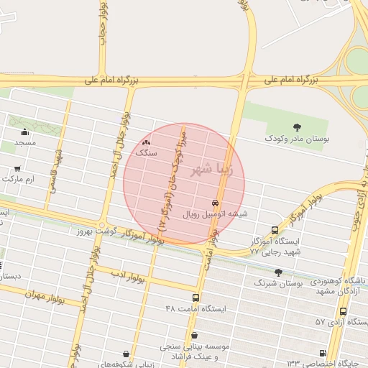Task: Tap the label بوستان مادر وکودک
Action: point(296,138)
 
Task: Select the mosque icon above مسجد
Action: point(26,132)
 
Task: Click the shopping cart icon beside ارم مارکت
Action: point(17,169)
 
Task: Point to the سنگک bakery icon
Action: point(147,142)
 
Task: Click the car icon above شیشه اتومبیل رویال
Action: point(215,203)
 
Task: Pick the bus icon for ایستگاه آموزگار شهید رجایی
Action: point(275,230)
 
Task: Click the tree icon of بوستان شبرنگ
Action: point(278,272)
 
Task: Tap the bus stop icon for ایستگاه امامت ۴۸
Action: point(195,297)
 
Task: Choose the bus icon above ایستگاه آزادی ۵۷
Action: point(343,312)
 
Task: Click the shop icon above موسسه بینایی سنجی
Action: point(195,334)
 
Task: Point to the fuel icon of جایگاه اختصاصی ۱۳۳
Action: point(322,353)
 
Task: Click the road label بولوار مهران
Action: point(44,296)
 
